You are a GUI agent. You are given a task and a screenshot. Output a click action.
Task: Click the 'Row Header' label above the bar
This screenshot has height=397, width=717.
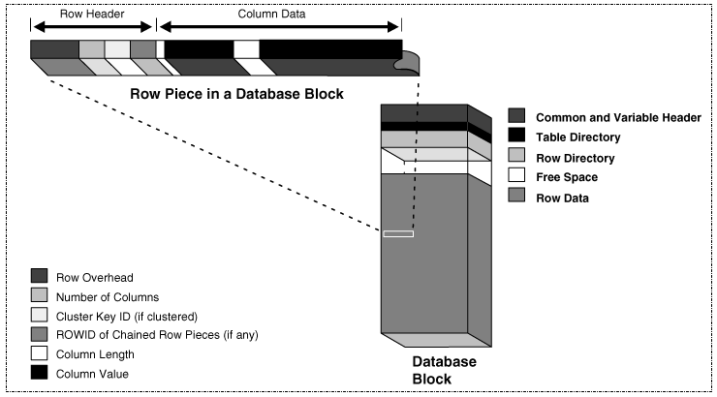[x=91, y=15]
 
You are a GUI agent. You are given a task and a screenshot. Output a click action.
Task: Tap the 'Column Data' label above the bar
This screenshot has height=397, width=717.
[x=278, y=15]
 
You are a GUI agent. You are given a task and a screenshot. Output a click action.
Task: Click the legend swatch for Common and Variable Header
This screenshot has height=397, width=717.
[x=516, y=116]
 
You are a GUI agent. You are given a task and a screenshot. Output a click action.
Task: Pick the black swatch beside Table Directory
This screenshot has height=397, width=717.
[x=516, y=137]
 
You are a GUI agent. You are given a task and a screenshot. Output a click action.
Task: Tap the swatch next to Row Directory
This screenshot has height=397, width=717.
[x=516, y=157]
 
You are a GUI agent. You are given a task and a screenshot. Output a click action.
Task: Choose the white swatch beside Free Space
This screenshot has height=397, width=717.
[x=516, y=177]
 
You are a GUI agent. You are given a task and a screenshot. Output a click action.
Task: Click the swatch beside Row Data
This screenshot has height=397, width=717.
[x=516, y=198]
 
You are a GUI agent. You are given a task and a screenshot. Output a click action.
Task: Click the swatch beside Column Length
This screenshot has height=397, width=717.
[x=40, y=353]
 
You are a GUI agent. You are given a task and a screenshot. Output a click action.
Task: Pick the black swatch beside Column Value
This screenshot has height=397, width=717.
[x=40, y=374]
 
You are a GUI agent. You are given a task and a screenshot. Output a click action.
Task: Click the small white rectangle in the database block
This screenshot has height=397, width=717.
[x=398, y=233]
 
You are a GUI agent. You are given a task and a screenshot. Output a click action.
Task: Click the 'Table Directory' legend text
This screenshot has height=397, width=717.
[x=577, y=137]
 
